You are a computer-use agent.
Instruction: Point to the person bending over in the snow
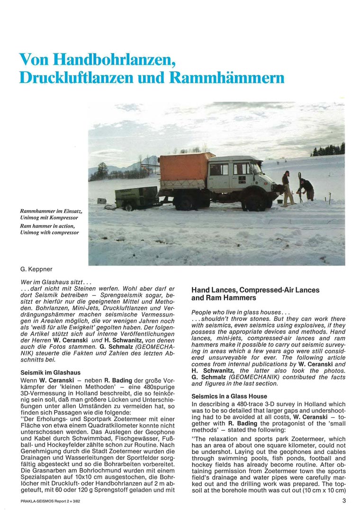306,188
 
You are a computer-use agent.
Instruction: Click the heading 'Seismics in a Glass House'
229,396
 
